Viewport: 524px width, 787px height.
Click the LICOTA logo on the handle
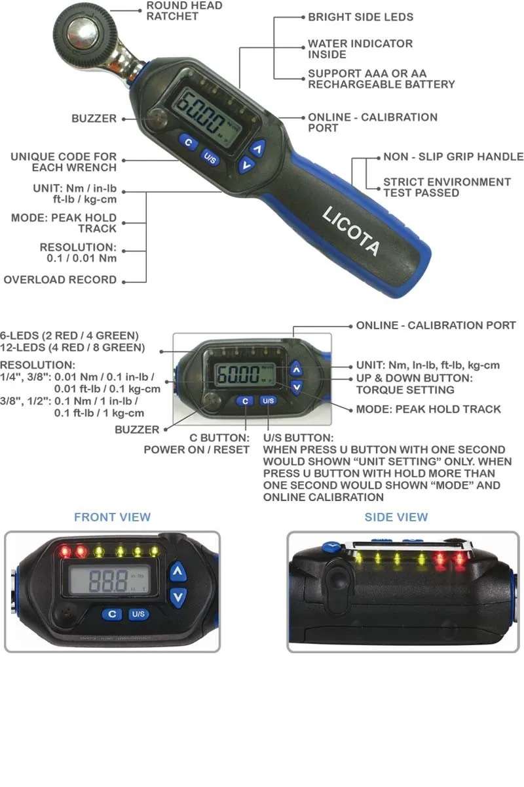coord(351,231)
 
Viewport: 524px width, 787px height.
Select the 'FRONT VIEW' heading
coord(112,517)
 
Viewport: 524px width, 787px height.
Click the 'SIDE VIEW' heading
coord(396,517)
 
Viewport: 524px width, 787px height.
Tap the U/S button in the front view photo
coord(138,614)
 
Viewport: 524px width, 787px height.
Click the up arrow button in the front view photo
coord(178,571)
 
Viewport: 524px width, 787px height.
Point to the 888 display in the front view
coord(109,580)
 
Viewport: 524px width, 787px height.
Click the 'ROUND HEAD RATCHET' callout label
coord(184,11)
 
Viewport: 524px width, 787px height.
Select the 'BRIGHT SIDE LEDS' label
coord(360,17)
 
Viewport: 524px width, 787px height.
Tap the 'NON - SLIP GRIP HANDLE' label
coord(453,156)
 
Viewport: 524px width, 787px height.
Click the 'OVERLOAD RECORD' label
coord(60,279)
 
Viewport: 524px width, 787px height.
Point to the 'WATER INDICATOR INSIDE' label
coord(360,49)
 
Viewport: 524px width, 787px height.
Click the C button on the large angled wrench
coord(189,142)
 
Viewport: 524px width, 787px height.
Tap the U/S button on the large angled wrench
coord(210,158)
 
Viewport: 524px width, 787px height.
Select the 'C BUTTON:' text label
coord(219,438)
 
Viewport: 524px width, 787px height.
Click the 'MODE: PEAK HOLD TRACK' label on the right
coord(428,409)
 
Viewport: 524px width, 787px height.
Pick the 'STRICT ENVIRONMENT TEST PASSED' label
coord(447,188)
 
